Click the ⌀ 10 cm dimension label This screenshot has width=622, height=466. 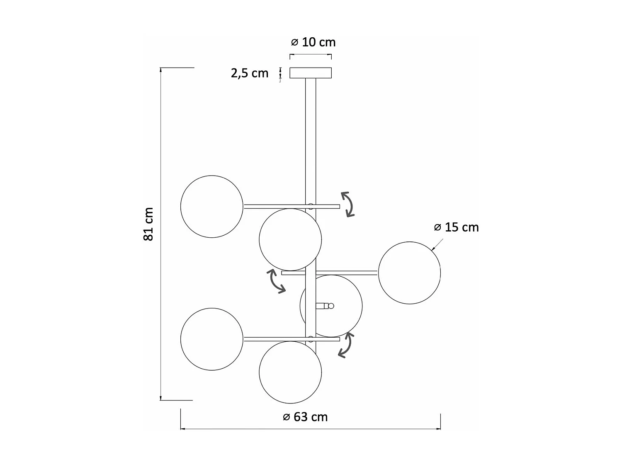(313, 42)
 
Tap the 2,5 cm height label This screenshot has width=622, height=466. (250, 73)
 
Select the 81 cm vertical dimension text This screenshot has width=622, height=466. (148, 224)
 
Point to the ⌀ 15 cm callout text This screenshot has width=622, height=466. (456, 227)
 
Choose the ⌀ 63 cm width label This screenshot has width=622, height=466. (305, 417)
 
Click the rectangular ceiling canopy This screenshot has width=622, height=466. (311, 73)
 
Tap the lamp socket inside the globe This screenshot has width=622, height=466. (324, 306)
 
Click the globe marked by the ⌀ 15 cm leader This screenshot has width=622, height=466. (409, 273)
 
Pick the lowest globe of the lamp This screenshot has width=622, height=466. (290, 372)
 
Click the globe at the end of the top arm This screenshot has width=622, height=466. (212, 207)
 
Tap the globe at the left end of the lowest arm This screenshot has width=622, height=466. (212, 339)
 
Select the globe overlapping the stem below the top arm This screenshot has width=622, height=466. (290, 240)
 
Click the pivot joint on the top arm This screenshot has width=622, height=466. (311, 206)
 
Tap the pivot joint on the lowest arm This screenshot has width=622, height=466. (311, 338)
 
